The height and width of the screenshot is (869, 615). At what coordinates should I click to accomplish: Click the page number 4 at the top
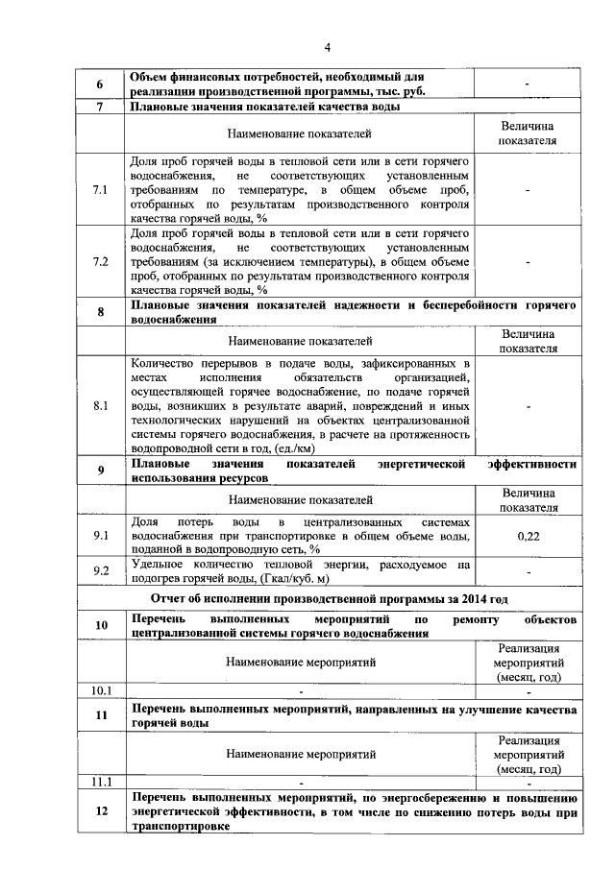(x=327, y=47)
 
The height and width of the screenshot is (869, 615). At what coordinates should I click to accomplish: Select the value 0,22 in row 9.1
(x=528, y=538)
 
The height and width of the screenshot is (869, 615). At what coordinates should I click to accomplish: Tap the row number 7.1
(x=101, y=190)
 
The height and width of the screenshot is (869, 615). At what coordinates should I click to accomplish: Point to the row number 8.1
(x=101, y=406)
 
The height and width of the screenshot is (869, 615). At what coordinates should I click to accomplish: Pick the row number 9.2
(x=101, y=571)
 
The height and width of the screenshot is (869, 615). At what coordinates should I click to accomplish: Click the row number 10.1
(x=101, y=689)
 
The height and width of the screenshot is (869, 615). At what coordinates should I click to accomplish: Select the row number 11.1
(x=101, y=782)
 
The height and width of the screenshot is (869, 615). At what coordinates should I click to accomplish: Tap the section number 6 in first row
(x=101, y=84)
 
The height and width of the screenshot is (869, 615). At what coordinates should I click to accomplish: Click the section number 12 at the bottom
(x=101, y=811)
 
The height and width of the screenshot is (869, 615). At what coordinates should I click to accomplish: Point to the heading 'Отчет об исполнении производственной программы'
(x=327, y=598)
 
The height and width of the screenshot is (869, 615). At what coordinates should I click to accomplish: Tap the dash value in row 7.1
(x=528, y=190)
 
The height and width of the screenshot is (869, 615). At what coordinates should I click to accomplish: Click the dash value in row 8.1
(x=528, y=406)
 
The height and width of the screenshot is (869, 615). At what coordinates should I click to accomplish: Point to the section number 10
(x=101, y=626)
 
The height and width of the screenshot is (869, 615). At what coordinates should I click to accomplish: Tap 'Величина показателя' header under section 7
(x=528, y=133)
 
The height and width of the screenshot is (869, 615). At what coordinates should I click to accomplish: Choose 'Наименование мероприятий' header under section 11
(x=301, y=754)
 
